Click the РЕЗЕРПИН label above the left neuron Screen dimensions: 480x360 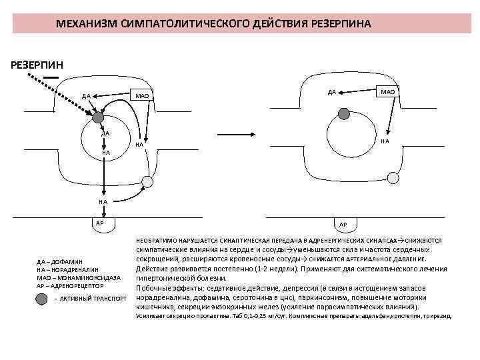(37, 65)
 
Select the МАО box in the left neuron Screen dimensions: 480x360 (142, 97)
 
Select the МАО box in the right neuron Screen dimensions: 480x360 (387, 91)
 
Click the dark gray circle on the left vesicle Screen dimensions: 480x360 (97, 120)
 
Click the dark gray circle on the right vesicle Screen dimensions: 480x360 (343, 114)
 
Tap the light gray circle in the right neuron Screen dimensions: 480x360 (393, 177)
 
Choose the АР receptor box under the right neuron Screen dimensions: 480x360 (343, 224)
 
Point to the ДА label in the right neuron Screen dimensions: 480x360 (331, 92)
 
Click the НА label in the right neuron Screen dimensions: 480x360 (384, 141)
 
